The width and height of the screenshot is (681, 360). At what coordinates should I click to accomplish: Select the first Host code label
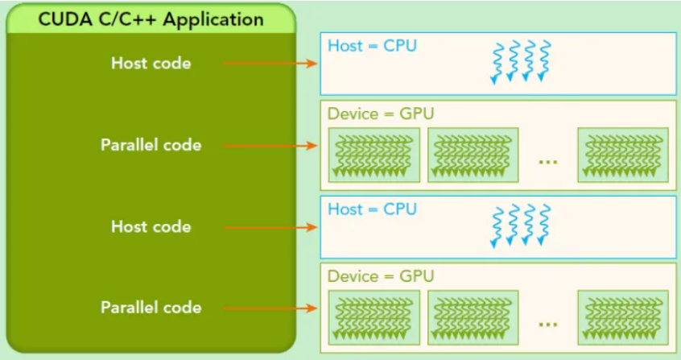pyautogui.click(x=151, y=63)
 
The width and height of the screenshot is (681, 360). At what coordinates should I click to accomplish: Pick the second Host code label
pyautogui.click(x=151, y=226)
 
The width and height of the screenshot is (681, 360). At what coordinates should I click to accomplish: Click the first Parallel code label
pyautogui.click(x=151, y=145)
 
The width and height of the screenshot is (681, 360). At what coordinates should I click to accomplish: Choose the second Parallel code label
pyautogui.click(x=151, y=308)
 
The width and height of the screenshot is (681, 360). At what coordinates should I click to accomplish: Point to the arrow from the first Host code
pyautogui.click(x=270, y=63)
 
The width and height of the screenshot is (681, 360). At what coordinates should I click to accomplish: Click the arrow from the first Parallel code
pyautogui.click(x=270, y=146)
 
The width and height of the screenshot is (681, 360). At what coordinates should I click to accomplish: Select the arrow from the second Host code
pyautogui.click(x=270, y=227)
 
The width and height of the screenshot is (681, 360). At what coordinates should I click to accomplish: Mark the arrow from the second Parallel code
pyautogui.click(x=270, y=308)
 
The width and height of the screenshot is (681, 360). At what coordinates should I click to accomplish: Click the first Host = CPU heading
pyautogui.click(x=372, y=46)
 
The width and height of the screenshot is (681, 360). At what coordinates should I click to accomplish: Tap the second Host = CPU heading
pyautogui.click(x=372, y=209)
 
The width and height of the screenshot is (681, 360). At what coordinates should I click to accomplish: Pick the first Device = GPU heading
pyautogui.click(x=381, y=114)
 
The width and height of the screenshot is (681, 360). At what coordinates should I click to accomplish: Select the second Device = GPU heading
pyautogui.click(x=381, y=276)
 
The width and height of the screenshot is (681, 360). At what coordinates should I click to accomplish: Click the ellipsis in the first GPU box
pyautogui.click(x=548, y=161)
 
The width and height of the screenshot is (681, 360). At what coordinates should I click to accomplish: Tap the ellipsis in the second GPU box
pyautogui.click(x=548, y=324)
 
